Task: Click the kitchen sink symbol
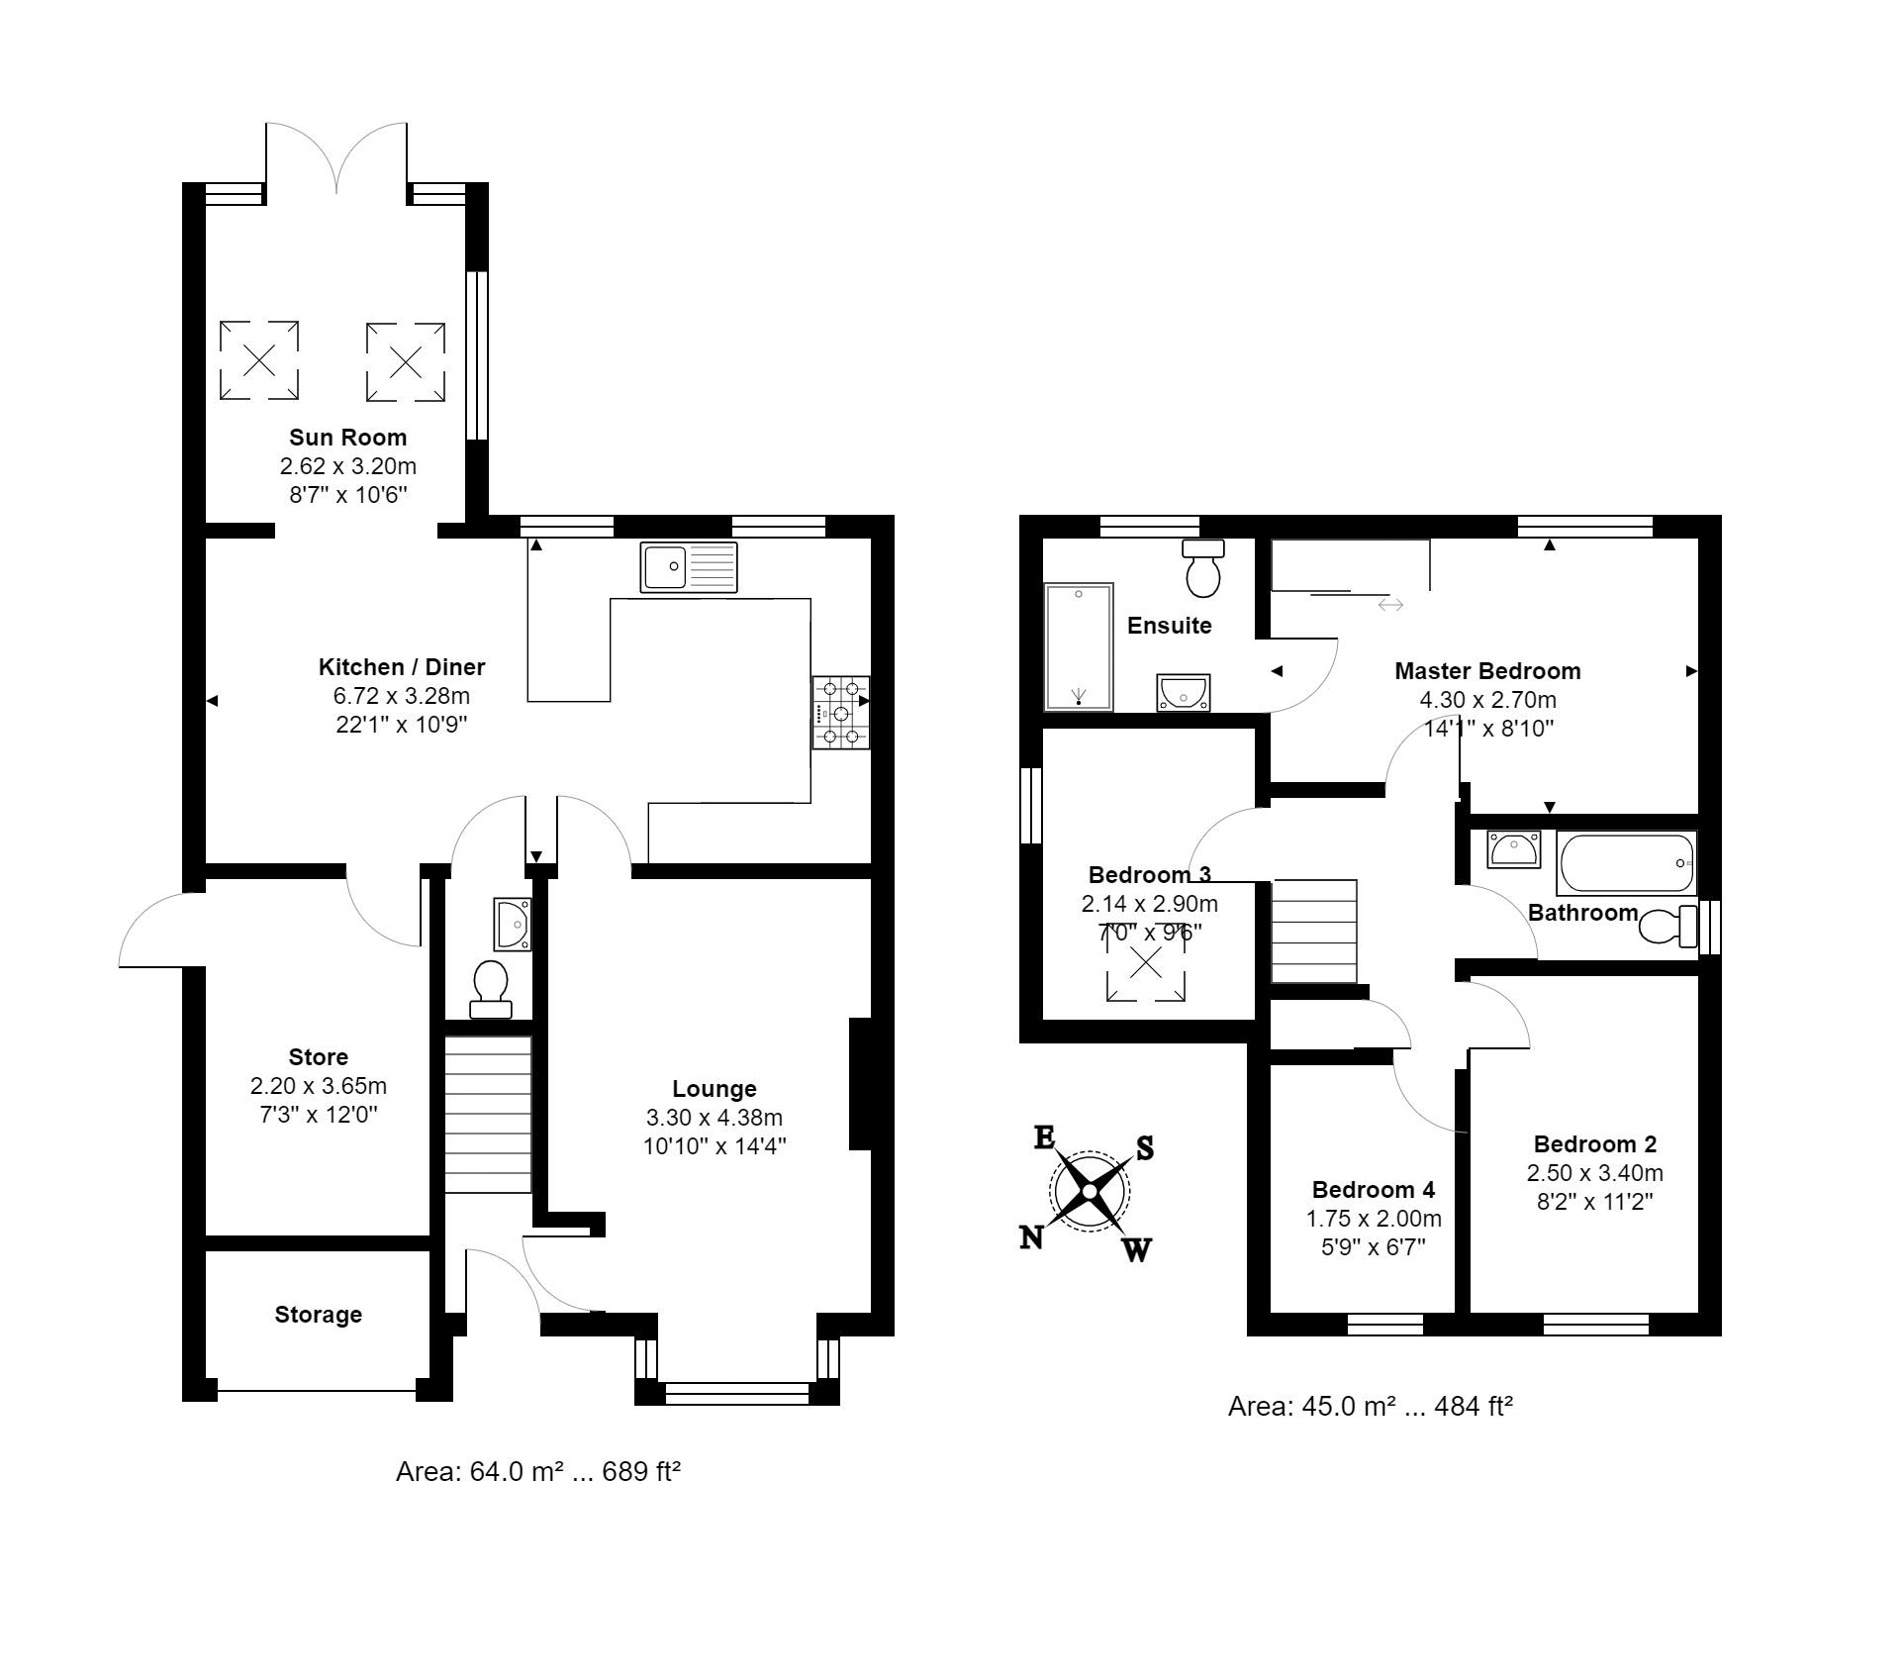tap(688, 567)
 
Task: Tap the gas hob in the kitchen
tap(840, 712)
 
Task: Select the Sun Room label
tap(347, 438)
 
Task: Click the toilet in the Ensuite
tap(1203, 568)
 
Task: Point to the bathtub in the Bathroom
tap(1626, 863)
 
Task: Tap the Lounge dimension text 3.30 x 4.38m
tap(714, 1118)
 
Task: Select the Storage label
tap(318, 1315)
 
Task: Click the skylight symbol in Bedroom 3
tap(1145, 962)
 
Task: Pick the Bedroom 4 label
tap(1373, 1189)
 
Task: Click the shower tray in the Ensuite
tap(1078, 646)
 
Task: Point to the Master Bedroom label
tap(1486, 671)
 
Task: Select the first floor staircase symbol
tap(1313, 931)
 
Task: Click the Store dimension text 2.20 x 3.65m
tap(318, 1086)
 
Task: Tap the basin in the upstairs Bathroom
tap(1513, 849)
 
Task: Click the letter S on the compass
tap(1144, 1148)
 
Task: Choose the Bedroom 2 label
tap(1594, 1144)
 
